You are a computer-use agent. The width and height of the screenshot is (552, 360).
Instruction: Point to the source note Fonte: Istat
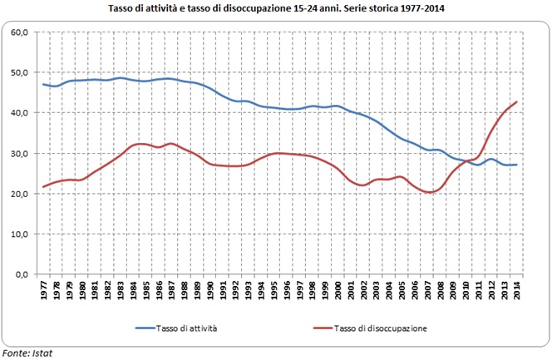(x=27, y=353)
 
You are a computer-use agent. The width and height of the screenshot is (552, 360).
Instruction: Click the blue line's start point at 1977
(x=44, y=84)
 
